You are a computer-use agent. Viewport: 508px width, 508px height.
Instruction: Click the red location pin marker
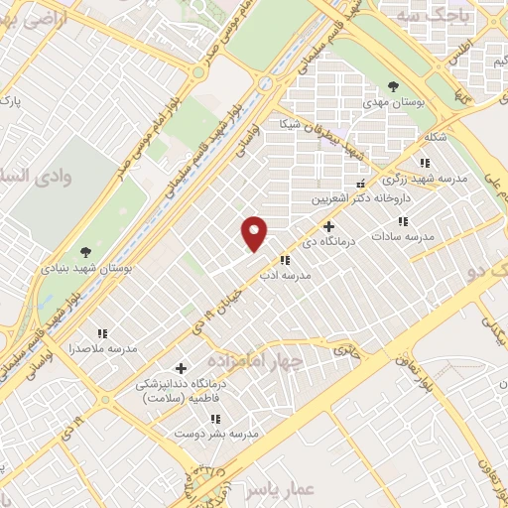click(x=256, y=234)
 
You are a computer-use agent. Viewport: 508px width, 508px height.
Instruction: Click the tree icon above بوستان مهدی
click(x=394, y=85)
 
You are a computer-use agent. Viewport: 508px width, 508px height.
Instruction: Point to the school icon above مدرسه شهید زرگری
click(x=425, y=163)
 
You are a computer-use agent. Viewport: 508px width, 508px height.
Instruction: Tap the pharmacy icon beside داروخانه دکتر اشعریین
click(x=361, y=183)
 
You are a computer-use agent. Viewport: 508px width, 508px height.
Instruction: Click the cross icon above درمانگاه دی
click(x=329, y=225)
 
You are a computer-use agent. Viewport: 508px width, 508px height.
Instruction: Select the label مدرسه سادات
click(x=404, y=237)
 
